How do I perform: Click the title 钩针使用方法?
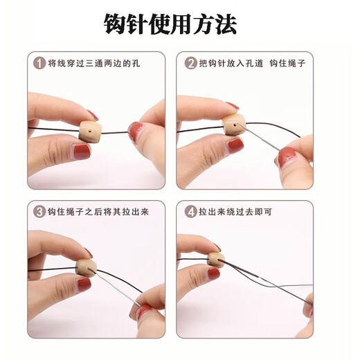[x=170, y=25]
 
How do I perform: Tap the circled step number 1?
[x=39, y=63]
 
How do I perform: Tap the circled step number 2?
[x=190, y=63]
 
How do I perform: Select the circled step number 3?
[x=39, y=211]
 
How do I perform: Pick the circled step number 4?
[x=190, y=211]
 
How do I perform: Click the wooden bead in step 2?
[x=233, y=125]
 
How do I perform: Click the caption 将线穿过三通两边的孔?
[x=95, y=63]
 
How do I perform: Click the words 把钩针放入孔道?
[x=233, y=63]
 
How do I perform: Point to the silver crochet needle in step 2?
[x=262, y=141]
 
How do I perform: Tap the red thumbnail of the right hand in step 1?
[x=136, y=131]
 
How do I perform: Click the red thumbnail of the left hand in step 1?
[x=82, y=152]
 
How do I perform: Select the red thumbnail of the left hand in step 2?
[x=235, y=145]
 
